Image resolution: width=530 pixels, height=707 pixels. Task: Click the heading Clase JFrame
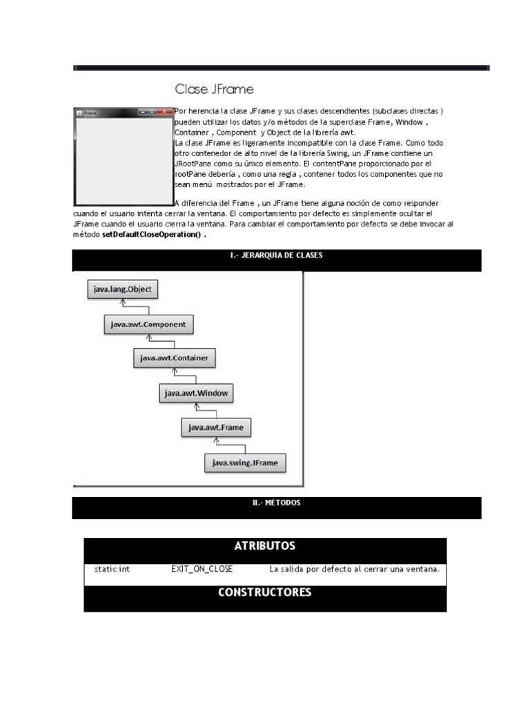point(215,89)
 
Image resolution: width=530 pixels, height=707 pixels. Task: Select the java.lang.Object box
point(122,289)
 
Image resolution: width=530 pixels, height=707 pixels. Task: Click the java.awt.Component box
point(149,323)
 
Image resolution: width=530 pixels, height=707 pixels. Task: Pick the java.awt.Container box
point(174,358)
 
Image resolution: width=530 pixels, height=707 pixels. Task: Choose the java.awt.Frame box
point(216,427)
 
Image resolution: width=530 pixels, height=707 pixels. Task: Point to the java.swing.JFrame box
point(245,462)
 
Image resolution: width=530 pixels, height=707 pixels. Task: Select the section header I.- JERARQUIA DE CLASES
point(276,255)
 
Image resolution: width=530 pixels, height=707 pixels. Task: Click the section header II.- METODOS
point(276,503)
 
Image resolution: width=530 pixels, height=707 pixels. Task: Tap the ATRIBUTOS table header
point(265,546)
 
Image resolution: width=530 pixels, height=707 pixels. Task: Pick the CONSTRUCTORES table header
point(265,592)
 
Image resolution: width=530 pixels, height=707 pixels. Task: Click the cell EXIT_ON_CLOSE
point(202,569)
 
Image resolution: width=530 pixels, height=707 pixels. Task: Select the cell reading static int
point(112,569)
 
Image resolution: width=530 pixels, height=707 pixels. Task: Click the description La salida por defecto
point(354,569)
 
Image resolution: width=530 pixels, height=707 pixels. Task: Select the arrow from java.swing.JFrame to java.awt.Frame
point(218,444)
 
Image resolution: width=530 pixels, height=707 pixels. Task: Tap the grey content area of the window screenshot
point(123,159)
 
